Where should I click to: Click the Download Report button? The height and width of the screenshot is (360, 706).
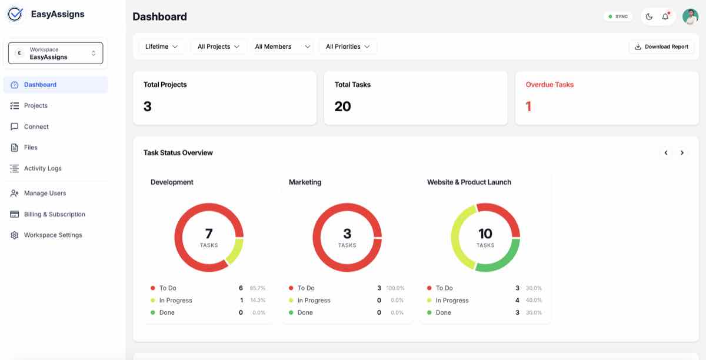[661, 46]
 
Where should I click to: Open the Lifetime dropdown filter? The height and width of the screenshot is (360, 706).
[161, 46]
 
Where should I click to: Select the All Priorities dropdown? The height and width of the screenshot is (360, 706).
[348, 46]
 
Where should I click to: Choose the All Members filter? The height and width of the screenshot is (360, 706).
[282, 46]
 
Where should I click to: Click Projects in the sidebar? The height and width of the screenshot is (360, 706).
[35, 105]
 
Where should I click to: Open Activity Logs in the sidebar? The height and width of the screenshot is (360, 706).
[42, 168]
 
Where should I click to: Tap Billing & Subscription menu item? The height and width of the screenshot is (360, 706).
[54, 214]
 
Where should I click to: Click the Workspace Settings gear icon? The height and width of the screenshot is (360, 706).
[15, 235]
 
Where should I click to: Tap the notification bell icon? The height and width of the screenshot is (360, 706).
[665, 16]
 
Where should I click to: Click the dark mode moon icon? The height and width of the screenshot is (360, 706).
[649, 16]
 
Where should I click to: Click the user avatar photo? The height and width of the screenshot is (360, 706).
[690, 16]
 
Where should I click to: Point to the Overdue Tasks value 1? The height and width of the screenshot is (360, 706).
[528, 106]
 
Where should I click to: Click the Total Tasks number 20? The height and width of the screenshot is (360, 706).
[342, 106]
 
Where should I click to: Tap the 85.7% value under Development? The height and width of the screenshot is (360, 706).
[258, 288]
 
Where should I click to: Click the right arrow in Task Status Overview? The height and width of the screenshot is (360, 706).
[682, 152]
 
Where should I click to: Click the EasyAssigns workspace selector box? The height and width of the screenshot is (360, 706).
[55, 53]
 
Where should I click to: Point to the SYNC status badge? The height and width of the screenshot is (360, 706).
[618, 16]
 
